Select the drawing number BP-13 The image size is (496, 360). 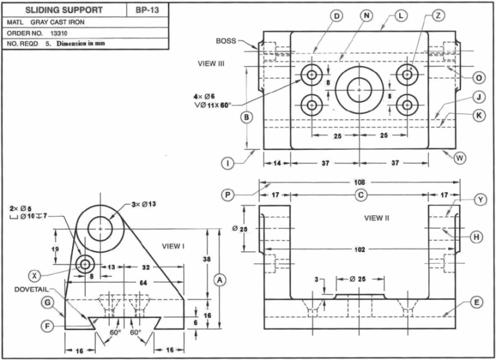pos(148,10)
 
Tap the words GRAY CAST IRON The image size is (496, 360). pos(57,22)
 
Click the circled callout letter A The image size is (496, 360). pos(220,280)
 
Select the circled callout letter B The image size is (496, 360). pos(246,117)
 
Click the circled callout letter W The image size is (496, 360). pos(459,157)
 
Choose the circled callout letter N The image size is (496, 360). pos(367,15)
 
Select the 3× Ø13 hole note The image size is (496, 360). pos(145,205)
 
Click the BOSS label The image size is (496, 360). pos(226,41)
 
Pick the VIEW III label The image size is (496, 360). pos(211,64)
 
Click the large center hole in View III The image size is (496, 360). pos(358,89)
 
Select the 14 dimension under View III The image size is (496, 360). pos(276,164)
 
